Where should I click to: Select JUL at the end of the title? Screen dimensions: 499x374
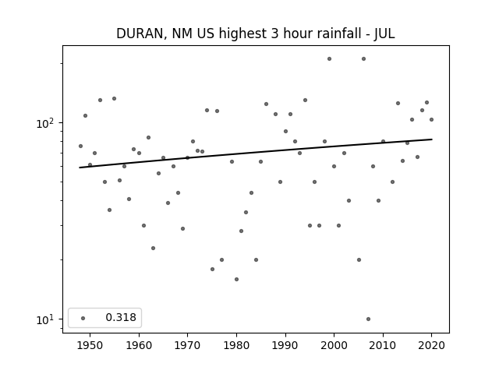[384, 34]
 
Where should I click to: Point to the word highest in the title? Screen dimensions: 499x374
[242, 34]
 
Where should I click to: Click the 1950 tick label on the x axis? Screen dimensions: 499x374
[90, 346]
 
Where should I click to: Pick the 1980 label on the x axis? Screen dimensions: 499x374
[236, 346]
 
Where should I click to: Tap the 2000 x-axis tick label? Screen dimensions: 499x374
[334, 346]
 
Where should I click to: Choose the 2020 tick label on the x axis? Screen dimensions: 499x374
[431, 346]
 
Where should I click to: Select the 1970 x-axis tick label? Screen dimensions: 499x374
[188, 346]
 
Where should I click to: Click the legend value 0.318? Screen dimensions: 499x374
[121, 317]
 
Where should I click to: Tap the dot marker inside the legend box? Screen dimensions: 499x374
[83, 318]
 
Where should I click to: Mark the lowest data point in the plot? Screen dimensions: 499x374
[368, 319]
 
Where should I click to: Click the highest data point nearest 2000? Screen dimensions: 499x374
[329, 59]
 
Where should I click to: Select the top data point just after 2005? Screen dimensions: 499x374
[364, 59]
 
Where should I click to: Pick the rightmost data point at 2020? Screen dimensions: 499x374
[431, 119]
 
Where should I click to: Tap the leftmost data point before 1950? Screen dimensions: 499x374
[80, 146]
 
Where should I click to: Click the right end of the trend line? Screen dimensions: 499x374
[432, 139]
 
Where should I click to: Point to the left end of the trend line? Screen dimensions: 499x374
[80, 168]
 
